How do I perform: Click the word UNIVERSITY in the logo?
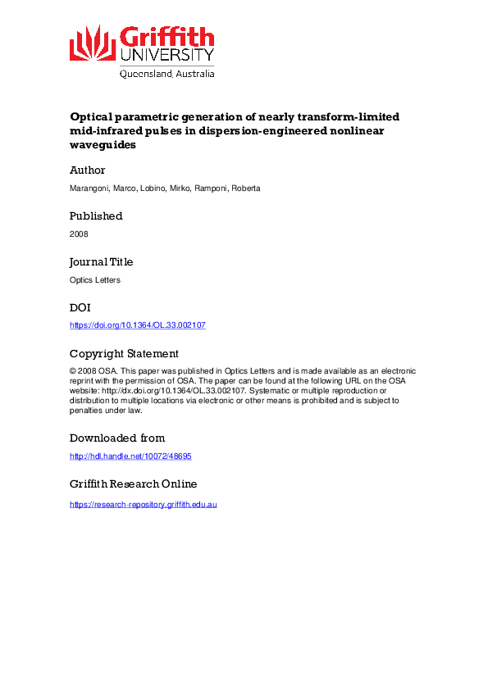pyautogui.click(x=167, y=55)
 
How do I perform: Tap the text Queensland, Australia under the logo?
pyautogui.click(x=167, y=73)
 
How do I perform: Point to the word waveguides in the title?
pyautogui.click(x=103, y=144)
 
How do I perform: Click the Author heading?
pyautogui.click(x=88, y=170)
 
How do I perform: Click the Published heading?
pyautogui.click(x=96, y=216)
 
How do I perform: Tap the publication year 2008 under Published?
pyautogui.click(x=79, y=234)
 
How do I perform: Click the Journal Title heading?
pyautogui.click(x=102, y=262)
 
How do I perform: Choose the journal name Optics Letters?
pyautogui.click(x=95, y=280)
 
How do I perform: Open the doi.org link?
pyautogui.click(x=137, y=325)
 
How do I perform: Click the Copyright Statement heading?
pyautogui.click(x=124, y=354)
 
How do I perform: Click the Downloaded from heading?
pyautogui.click(x=117, y=438)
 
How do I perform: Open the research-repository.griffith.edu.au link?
pyautogui.click(x=143, y=504)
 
